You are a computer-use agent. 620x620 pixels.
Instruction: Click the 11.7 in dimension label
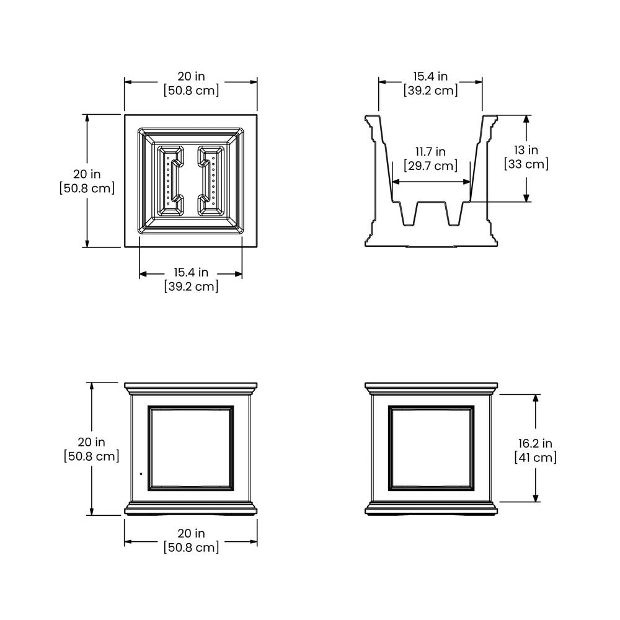click(x=430, y=151)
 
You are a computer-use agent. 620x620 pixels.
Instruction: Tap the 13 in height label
click(x=526, y=150)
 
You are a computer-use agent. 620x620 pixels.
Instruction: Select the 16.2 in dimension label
click(x=536, y=443)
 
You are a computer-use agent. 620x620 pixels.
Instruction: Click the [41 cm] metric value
click(x=536, y=458)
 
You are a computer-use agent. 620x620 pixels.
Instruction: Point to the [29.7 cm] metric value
click(x=431, y=166)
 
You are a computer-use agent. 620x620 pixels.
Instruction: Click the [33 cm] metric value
click(x=526, y=164)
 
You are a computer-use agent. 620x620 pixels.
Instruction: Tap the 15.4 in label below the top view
click(x=191, y=272)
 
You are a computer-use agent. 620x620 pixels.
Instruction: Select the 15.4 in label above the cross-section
click(x=431, y=76)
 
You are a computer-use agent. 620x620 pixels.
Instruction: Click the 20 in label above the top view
click(x=191, y=76)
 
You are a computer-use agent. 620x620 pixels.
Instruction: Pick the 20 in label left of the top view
click(x=87, y=174)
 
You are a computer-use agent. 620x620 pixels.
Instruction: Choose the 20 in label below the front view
click(x=191, y=533)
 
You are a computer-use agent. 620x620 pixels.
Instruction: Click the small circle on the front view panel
click(x=141, y=474)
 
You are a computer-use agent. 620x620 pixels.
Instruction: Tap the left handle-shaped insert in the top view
click(x=170, y=181)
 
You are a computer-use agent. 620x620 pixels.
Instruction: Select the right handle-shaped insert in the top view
click(x=211, y=181)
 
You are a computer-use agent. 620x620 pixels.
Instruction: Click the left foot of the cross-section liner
click(x=410, y=213)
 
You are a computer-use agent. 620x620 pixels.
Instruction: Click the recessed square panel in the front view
click(x=191, y=448)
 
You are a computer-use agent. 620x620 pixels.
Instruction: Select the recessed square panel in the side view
click(x=431, y=448)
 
